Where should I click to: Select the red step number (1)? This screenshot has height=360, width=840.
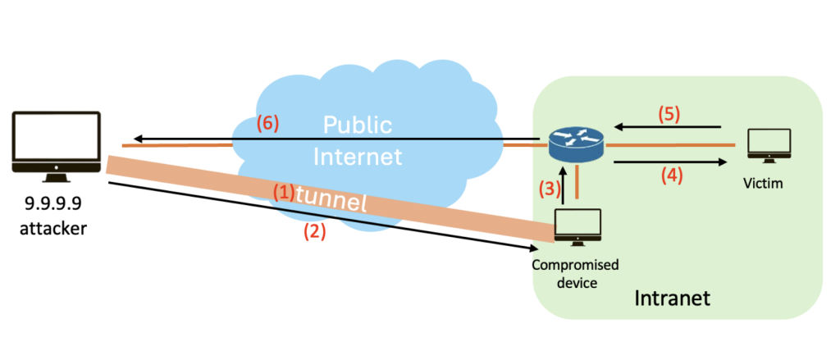click(x=283, y=191)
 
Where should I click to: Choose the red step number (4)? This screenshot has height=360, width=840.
click(x=669, y=174)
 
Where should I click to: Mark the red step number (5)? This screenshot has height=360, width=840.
click(x=669, y=114)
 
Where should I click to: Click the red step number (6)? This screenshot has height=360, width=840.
click(x=267, y=124)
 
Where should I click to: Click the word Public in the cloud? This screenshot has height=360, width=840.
click(x=357, y=125)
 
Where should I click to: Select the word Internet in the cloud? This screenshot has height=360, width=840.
click(x=358, y=155)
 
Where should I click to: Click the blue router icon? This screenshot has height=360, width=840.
click(x=573, y=143)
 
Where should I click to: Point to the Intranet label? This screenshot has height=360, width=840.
click(x=673, y=298)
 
